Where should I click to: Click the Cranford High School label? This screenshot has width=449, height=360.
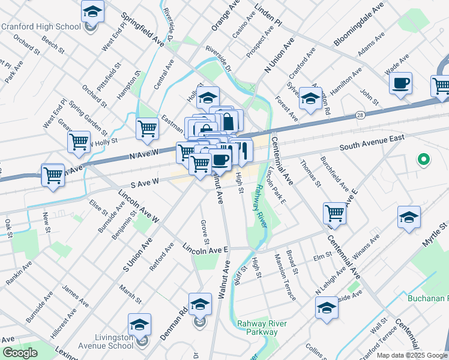click(x=41, y=26)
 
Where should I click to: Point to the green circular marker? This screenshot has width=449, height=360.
click(x=423, y=160)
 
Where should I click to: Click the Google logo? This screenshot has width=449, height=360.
click(x=20, y=353)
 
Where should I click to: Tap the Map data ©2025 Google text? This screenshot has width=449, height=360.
click(x=412, y=355)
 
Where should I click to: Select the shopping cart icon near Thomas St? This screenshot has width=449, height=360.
click(x=334, y=212)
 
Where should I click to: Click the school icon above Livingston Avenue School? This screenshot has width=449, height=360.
click(x=140, y=325)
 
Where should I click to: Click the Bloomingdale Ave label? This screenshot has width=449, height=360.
click(x=359, y=26)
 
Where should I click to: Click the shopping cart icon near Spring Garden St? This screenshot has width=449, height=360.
click(x=79, y=142)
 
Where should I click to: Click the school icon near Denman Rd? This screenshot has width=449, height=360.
click(x=200, y=304)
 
